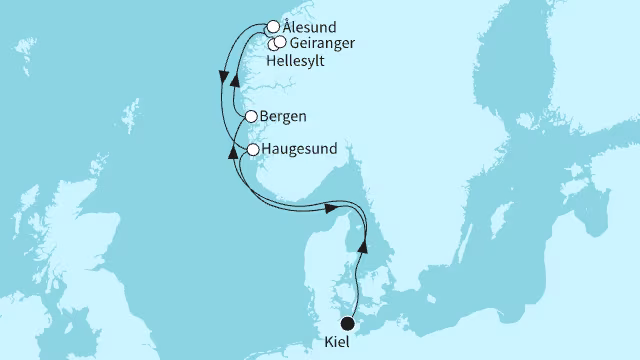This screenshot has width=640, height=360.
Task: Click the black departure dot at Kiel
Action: click(x=348, y=323)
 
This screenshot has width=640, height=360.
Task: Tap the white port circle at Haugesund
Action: click(x=254, y=150)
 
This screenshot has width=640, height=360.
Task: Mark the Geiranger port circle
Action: click(x=280, y=43)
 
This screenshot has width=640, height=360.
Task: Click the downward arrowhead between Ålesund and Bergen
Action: click(x=222, y=74)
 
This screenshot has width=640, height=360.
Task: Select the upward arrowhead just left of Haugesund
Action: click(x=234, y=151)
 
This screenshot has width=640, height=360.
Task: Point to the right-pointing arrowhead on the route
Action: click(x=328, y=208)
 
